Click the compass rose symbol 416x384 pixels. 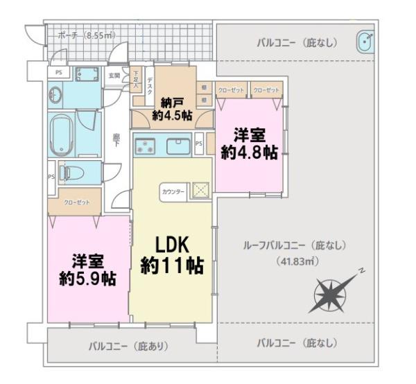point(332,293)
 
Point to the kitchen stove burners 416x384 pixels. point(146,147)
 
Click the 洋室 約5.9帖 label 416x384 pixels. point(87,270)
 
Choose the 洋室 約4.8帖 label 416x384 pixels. point(249,143)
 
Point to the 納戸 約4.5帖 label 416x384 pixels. point(173,110)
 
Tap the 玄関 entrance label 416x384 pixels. point(114,76)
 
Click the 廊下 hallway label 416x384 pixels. point(116,141)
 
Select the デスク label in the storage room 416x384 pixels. point(150,85)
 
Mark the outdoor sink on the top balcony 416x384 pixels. point(365,42)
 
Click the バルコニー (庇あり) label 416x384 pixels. point(129,344)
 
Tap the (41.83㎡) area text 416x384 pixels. point(295,261)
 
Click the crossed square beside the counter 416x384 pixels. point(199,190)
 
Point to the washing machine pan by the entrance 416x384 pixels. point(87,75)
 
